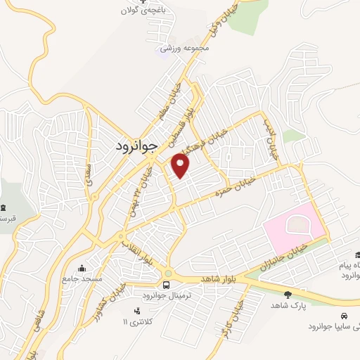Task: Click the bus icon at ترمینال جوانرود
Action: [167, 285]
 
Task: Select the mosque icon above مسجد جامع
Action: [82, 268]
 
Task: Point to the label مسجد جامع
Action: [83, 279]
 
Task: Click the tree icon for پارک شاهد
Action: [287, 295]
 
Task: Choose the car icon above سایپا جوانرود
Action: [345, 315]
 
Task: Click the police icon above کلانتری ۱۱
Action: [137, 311]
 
